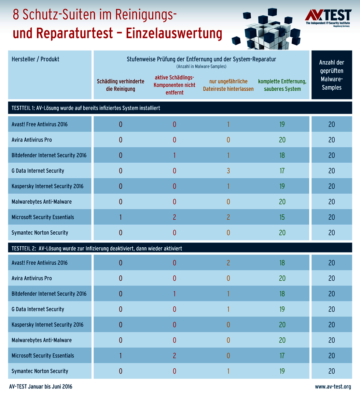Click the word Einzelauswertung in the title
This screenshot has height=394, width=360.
coord(174,34)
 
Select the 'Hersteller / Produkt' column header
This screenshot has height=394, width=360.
coord(35,59)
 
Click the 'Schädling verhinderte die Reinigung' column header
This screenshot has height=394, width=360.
coord(120,85)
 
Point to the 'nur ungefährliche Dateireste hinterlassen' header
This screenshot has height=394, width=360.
coord(228,85)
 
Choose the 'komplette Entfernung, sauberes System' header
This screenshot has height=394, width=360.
coord(282,85)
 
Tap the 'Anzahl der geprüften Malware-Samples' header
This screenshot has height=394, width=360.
coord(331,75)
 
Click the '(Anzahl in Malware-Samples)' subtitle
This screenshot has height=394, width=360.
coord(201,66)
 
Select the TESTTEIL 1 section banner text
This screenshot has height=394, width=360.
coord(86,108)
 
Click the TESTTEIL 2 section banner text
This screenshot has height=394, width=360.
coord(97,248)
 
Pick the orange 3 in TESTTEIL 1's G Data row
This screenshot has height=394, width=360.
coord(228,171)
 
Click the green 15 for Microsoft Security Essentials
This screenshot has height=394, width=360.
coord(282,217)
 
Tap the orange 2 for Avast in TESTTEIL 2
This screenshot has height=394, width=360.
coord(228,263)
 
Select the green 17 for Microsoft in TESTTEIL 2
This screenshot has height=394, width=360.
coord(282,356)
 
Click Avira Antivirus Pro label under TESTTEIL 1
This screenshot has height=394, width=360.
coord(32,140)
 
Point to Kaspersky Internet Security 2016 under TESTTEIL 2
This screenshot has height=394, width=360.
coord(48,325)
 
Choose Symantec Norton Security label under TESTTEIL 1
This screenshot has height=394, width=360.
coord(40,233)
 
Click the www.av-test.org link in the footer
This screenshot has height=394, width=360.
coord(333,387)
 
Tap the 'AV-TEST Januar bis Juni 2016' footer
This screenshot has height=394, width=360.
coord(41,387)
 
